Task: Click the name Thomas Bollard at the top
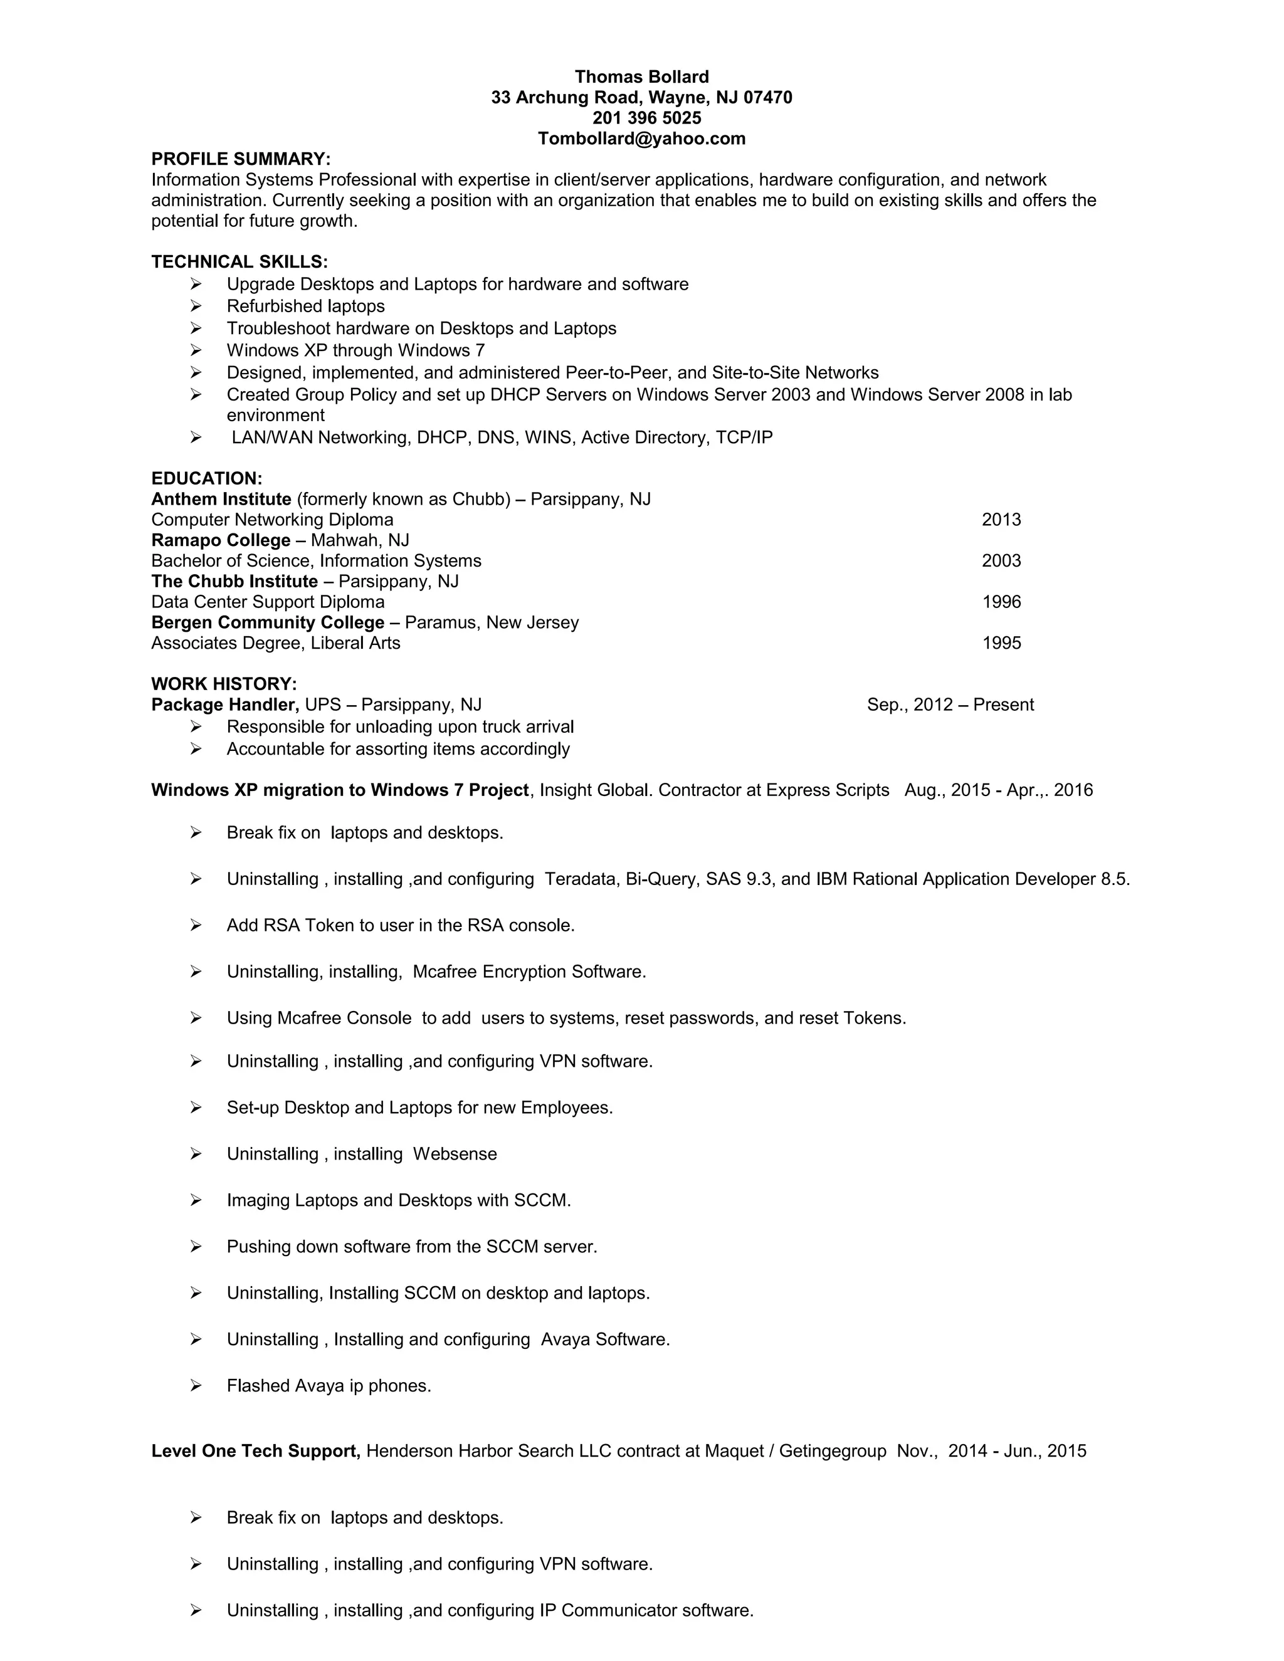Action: (x=641, y=77)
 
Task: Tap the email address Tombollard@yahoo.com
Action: (x=641, y=139)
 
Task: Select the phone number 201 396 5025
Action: (x=646, y=118)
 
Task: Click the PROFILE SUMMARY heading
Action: (x=240, y=159)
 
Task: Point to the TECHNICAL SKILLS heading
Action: (x=239, y=261)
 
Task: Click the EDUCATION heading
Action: (x=206, y=478)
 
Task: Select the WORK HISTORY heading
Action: (x=224, y=684)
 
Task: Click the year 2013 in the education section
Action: (x=1001, y=520)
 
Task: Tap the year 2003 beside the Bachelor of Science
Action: (x=1001, y=560)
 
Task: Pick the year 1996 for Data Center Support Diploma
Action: (x=1001, y=602)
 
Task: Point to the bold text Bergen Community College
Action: (x=268, y=622)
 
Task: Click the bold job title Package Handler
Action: (x=225, y=705)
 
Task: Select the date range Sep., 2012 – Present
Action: (x=950, y=705)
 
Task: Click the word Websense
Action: (x=455, y=1154)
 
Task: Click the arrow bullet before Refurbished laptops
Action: (x=196, y=306)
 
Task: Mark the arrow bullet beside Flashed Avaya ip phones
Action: (x=196, y=1386)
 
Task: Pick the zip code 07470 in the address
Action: (x=767, y=97)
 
